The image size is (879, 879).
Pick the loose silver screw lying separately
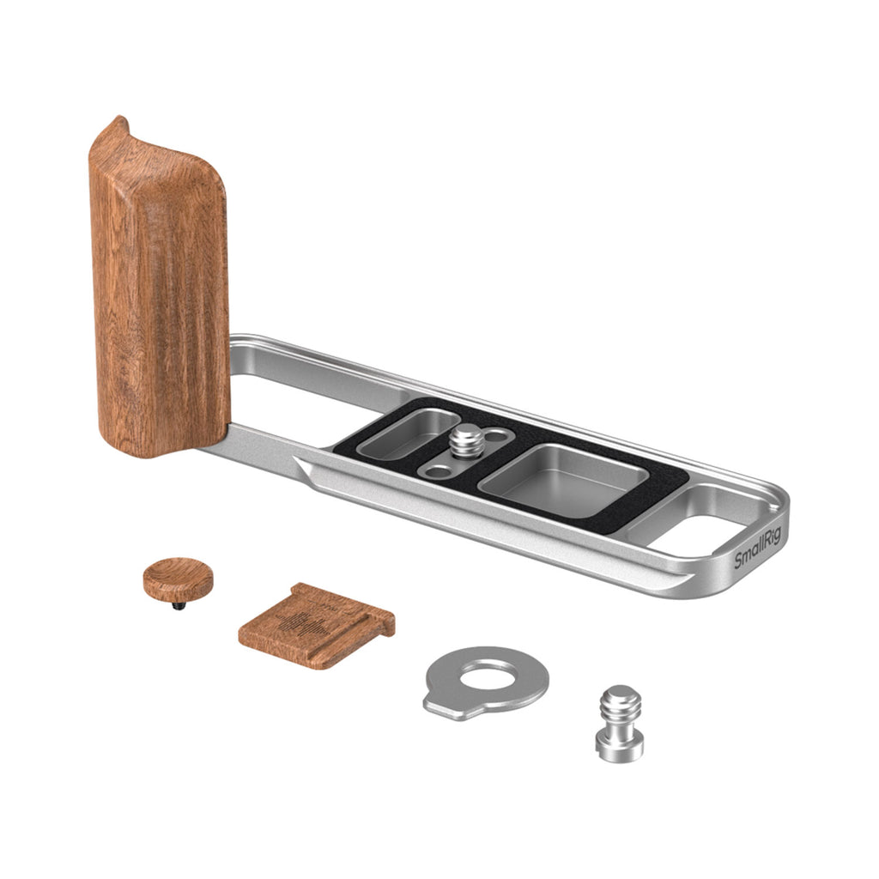pyautogui.click(x=620, y=723)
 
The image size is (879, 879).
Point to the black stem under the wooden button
pyautogui.click(x=179, y=605)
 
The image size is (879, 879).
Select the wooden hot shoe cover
pyautogui.click(x=317, y=625)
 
